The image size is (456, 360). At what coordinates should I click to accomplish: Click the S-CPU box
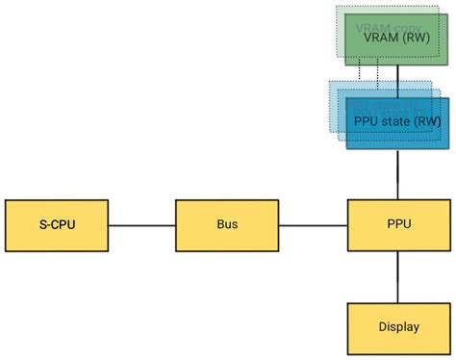56,225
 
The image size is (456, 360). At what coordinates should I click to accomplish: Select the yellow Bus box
227,225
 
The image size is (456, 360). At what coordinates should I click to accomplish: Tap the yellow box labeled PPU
398,225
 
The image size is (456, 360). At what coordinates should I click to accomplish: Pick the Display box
398,327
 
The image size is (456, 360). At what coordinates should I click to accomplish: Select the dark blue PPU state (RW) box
398,123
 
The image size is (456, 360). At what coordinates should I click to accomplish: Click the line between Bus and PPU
313,225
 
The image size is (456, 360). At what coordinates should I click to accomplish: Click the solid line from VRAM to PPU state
398,77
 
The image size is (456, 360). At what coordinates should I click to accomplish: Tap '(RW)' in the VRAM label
418,39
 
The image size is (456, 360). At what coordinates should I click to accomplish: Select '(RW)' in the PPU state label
428,122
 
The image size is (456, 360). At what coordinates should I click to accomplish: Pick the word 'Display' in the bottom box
398,327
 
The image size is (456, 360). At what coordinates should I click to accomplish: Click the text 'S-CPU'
56,225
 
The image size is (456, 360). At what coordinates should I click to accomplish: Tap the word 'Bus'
227,225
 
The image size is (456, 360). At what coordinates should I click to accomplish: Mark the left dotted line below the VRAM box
360,73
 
